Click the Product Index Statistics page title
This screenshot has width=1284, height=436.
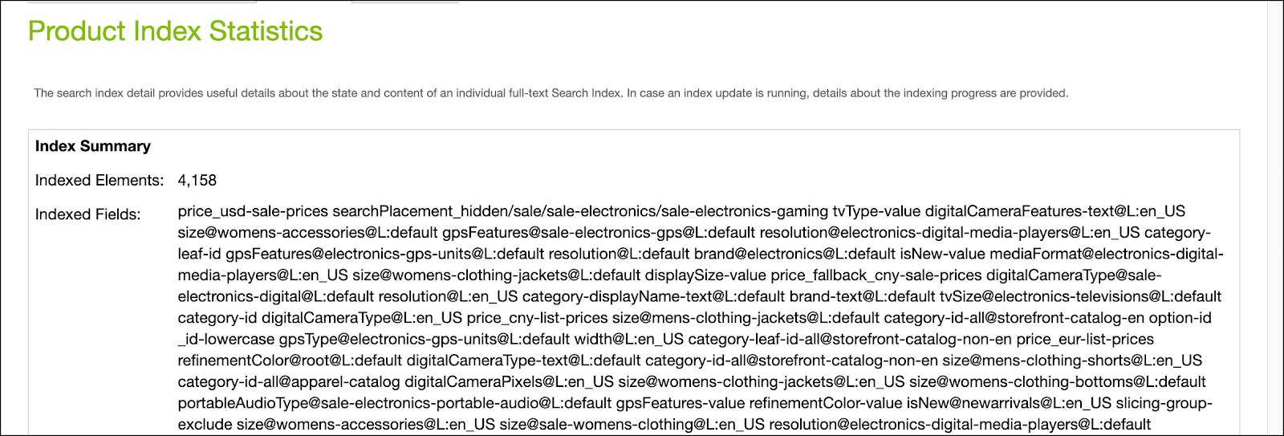[x=175, y=31]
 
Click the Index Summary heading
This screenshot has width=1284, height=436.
[x=93, y=146]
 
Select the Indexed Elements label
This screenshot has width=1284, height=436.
[x=100, y=181]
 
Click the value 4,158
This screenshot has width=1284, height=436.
[x=197, y=181]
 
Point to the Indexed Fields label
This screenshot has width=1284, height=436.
[x=88, y=214]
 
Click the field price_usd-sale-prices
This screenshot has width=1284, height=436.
[x=253, y=212]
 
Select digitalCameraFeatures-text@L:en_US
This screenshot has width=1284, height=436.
[x=1054, y=212]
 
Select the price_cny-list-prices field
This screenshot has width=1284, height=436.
[x=537, y=318]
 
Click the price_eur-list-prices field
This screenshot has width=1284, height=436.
[x=1090, y=340]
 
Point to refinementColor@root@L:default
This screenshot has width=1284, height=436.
[x=290, y=361]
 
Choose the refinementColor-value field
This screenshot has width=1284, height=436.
[x=824, y=403]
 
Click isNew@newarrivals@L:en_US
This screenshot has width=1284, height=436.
[x=1009, y=403]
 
